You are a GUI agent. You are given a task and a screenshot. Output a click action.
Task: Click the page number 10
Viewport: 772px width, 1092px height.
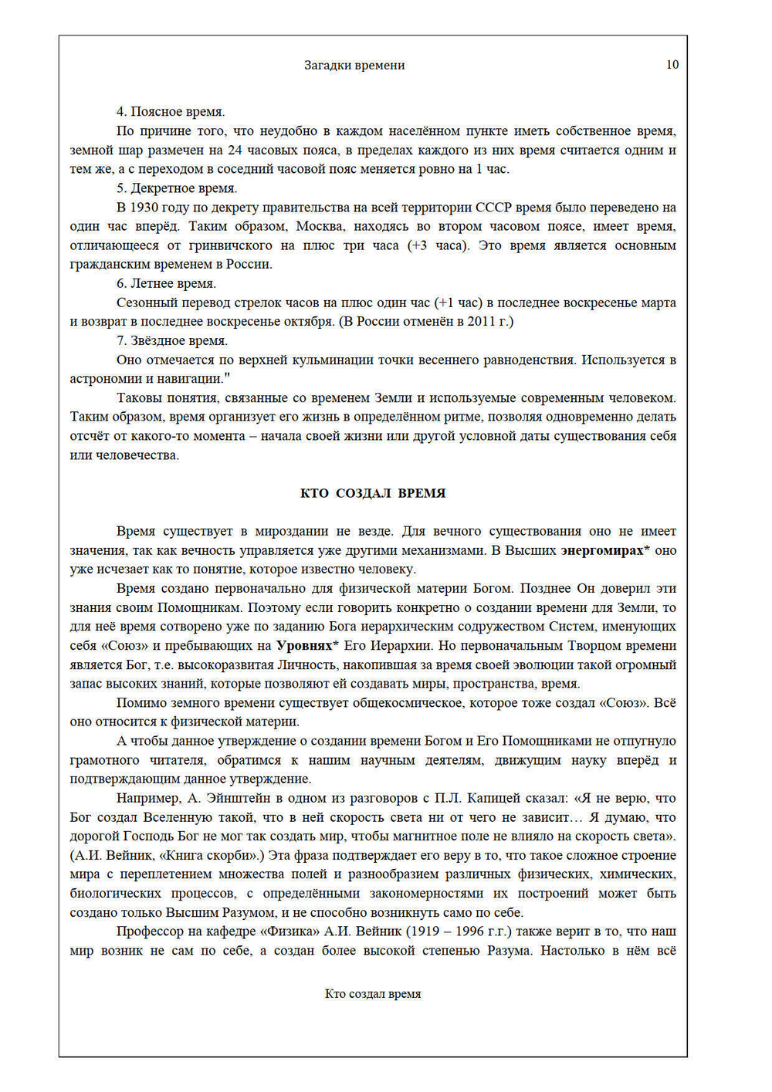tap(672, 65)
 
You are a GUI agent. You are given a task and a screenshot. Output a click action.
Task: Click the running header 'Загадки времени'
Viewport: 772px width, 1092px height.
tap(354, 66)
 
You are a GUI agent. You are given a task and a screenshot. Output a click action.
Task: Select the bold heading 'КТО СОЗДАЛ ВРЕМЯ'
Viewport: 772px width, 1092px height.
tap(373, 493)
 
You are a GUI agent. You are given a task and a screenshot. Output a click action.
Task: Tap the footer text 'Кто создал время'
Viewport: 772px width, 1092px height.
tap(373, 994)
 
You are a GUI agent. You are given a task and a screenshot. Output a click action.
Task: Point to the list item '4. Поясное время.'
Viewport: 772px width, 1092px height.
tap(171, 112)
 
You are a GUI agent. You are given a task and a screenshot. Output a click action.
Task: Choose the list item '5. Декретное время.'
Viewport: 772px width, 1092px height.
tap(177, 188)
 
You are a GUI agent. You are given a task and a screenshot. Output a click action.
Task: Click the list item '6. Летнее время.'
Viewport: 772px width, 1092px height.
tap(166, 283)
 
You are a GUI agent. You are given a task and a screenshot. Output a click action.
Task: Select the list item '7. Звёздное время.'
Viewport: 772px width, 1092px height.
tap(172, 340)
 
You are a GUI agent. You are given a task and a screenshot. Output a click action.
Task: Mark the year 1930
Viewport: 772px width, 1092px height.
tap(144, 208)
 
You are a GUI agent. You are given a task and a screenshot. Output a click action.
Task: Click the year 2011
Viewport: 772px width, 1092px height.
tap(482, 321)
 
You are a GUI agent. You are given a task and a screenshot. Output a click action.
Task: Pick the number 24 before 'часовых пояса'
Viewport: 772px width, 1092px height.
tap(235, 150)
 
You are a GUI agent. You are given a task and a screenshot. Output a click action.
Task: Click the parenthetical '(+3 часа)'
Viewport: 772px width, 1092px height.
tap(438, 245)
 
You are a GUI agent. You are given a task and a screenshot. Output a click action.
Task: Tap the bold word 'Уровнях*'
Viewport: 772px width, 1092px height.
tap(307, 645)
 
